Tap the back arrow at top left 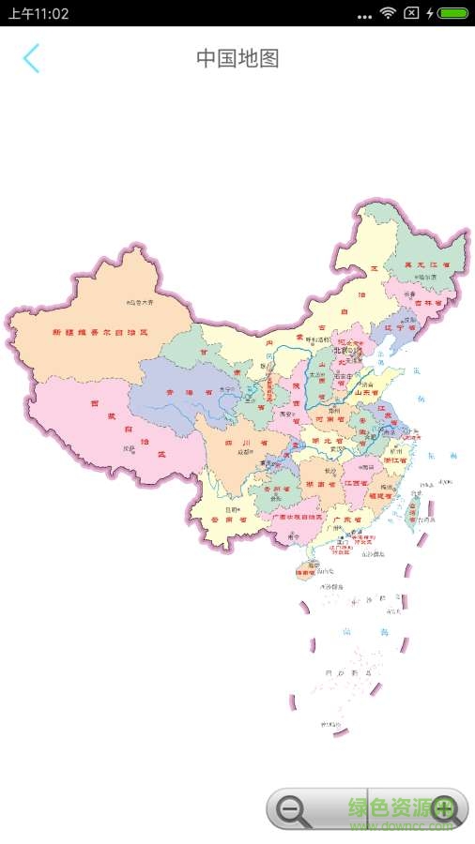coord(32,58)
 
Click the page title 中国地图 coord(237,58)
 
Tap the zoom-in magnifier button coord(444,809)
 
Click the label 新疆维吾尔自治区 coord(100,332)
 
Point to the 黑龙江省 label coord(427,265)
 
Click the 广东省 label coord(346,520)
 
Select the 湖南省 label coord(319,484)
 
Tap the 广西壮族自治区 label coord(297,516)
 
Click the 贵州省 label coord(273,489)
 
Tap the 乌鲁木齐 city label coord(139,303)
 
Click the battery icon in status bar coord(453,13)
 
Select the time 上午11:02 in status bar coord(38,14)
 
